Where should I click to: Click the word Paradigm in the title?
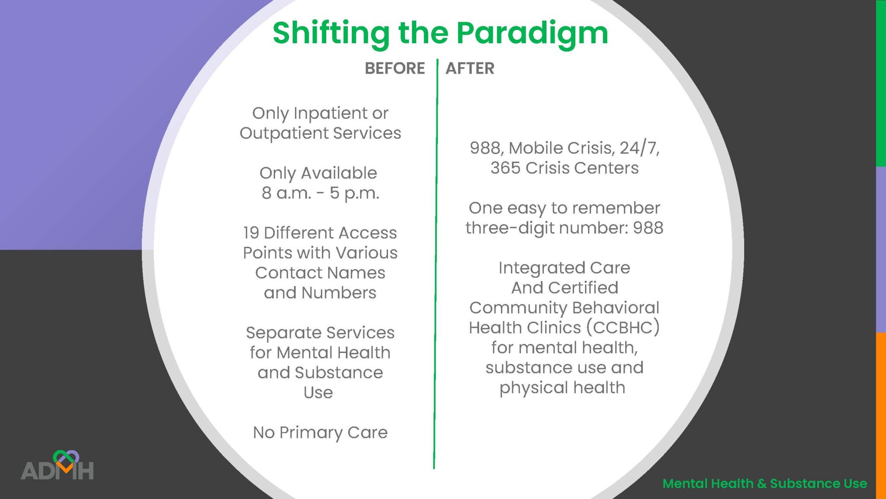[x=532, y=34]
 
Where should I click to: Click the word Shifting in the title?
[x=331, y=34]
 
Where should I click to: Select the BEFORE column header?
[x=395, y=68]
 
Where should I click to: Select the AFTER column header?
[x=470, y=68]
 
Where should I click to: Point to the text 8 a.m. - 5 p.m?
[x=320, y=193]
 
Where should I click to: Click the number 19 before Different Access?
[x=251, y=233]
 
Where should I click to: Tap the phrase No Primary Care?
[x=320, y=432]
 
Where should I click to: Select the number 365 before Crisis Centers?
[x=505, y=168]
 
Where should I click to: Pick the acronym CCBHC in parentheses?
[x=623, y=327]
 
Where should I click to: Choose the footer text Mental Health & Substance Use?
[x=764, y=483]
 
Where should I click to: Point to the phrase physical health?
[x=562, y=388]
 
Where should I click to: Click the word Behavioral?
[x=616, y=308]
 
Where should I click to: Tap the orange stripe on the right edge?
[x=881, y=416]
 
